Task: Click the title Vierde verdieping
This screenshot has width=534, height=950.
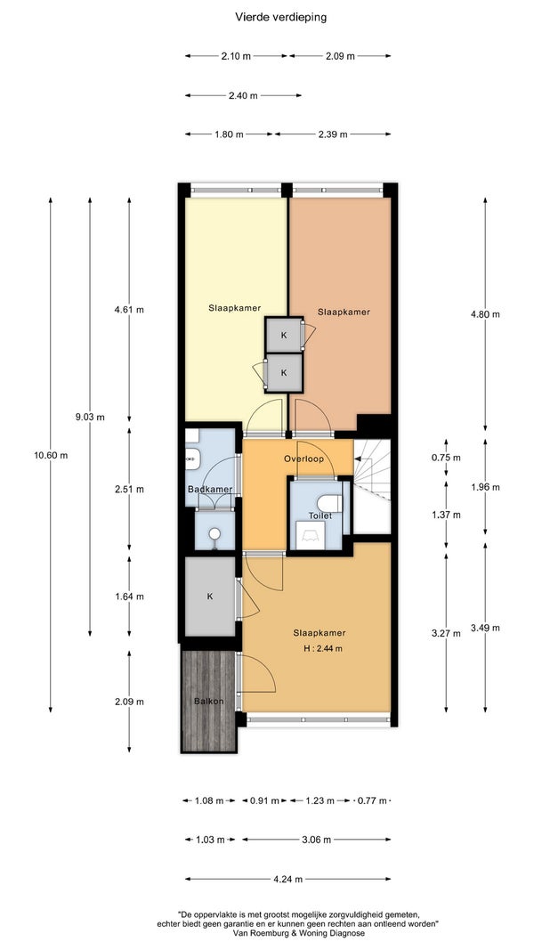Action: (281, 18)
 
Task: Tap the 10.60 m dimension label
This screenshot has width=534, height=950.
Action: (51, 455)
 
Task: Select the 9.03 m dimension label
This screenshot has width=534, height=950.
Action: (90, 417)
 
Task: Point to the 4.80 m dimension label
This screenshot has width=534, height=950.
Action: (486, 313)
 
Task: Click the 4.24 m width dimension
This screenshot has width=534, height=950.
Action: (288, 879)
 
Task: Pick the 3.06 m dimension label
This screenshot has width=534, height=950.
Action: (317, 840)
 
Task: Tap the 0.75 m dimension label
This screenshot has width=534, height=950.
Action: (446, 458)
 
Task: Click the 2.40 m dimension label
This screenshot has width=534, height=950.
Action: (243, 95)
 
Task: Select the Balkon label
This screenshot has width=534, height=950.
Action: (209, 702)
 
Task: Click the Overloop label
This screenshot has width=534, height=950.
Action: (303, 459)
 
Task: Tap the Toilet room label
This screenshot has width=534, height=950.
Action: (320, 516)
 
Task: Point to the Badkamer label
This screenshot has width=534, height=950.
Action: (210, 489)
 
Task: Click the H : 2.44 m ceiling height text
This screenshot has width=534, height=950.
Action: (323, 649)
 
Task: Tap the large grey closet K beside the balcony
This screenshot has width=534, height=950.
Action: (210, 597)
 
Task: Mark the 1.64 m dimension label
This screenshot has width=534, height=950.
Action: (129, 597)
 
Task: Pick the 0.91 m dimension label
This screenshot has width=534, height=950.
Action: (264, 800)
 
